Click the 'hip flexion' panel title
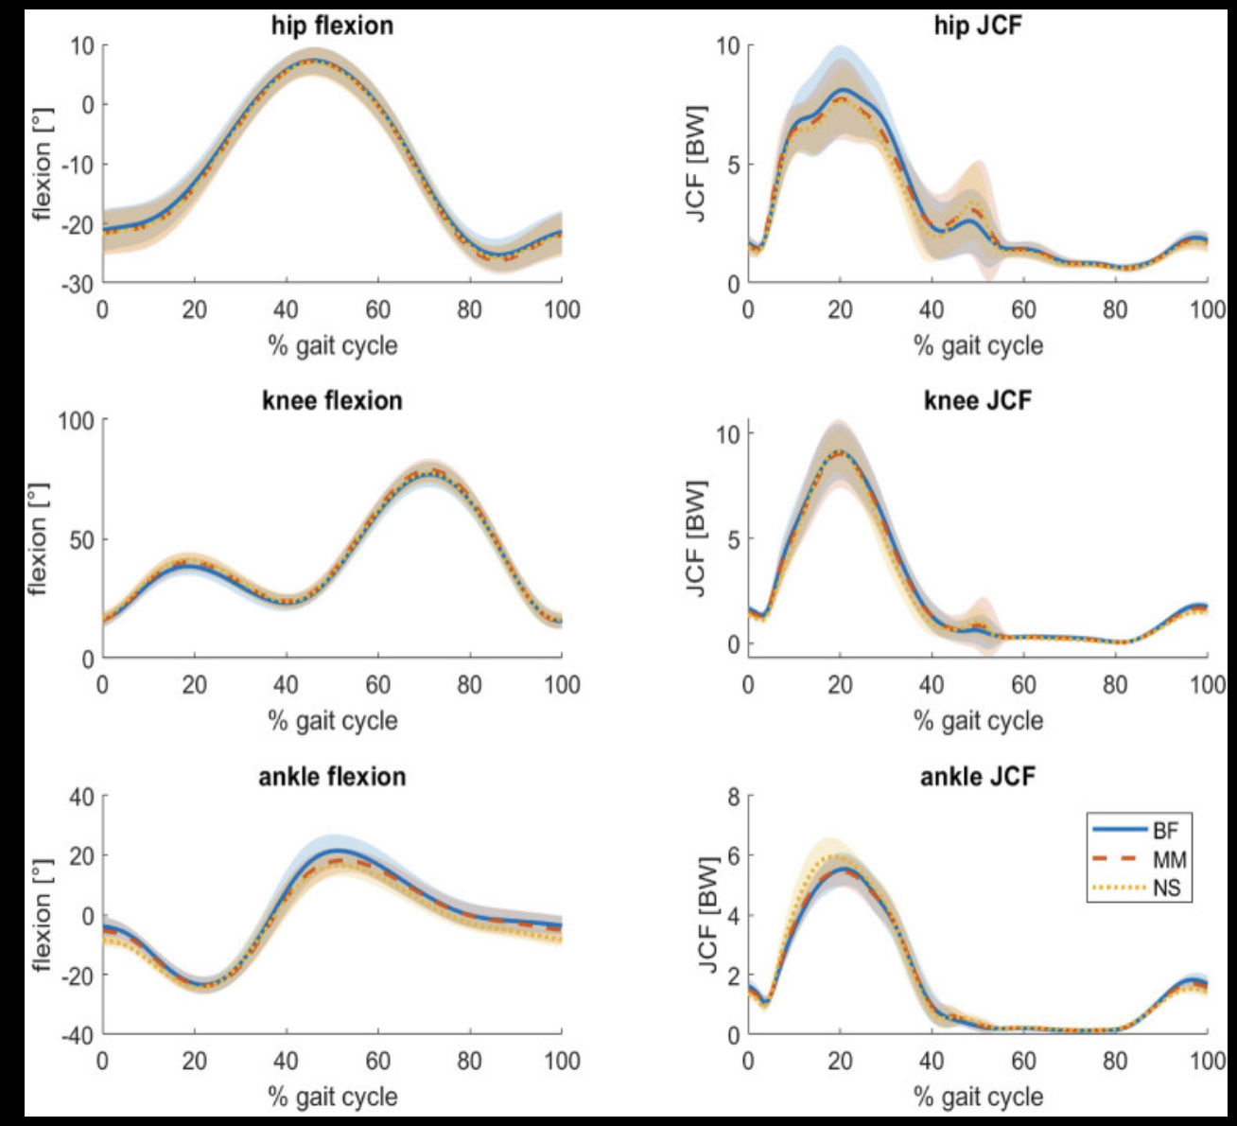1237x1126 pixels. coord(332,26)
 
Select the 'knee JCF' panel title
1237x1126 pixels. coord(977,400)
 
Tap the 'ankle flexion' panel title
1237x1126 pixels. coord(332,777)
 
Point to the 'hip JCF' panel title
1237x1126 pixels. coord(977,26)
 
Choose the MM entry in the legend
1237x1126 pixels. coord(1169,860)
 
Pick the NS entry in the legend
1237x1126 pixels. coord(1166,888)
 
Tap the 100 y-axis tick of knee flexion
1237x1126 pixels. coord(76,420)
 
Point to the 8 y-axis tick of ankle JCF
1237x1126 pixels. coord(733,797)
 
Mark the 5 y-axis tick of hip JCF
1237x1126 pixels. coord(733,165)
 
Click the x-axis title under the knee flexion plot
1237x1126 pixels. coord(332,721)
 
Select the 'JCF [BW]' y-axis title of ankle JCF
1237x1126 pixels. coord(709,914)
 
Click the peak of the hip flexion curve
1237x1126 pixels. coord(317,62)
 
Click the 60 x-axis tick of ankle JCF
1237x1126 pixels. coord(1023,1061)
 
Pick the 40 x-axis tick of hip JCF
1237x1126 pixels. coord(932,309)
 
